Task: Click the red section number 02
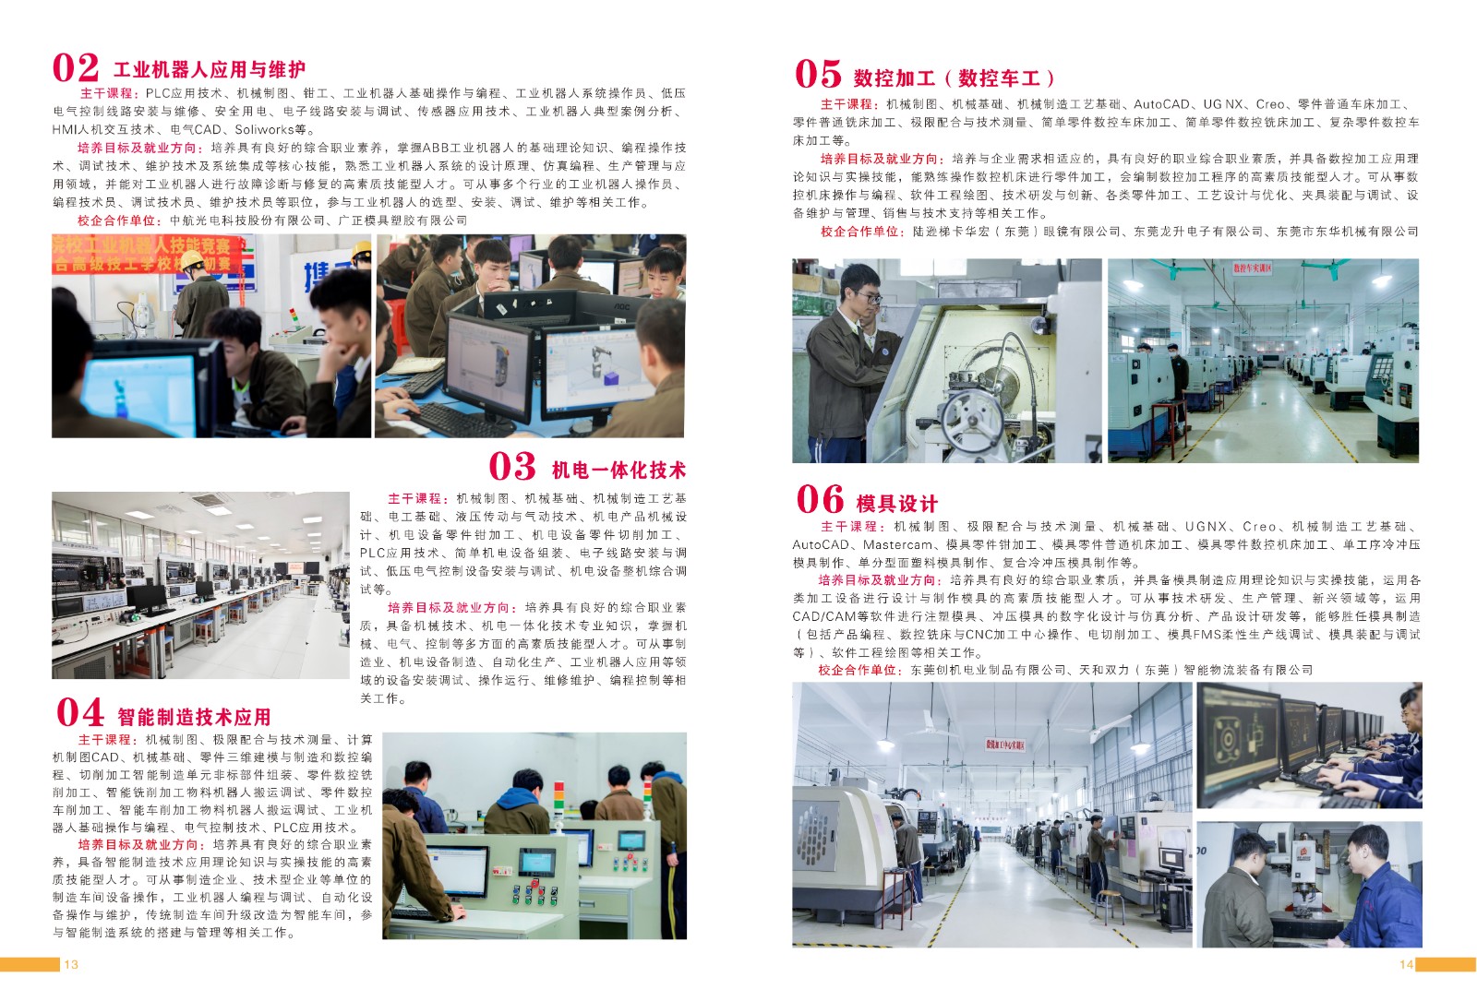click(x=75, y=68)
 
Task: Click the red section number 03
click(x=511, y=467)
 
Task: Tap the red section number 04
click(x=79, y=712)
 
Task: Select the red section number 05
click(x=818, y=74)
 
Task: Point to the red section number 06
click(x=820, y=499)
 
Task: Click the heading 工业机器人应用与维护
click(x=210, y=70)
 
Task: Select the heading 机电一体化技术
click(x=618, y=470)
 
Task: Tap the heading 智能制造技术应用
click(x=195, y=716)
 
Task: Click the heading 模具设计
click(x=896, y=504)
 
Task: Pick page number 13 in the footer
click(x=71, y=965)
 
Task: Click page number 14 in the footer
click(x=1407, y=965)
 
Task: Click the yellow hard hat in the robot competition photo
click(x=193, y=259)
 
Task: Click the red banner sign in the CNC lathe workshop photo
click(x=1252, y=268)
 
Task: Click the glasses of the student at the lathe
click(x=871, y=299)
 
